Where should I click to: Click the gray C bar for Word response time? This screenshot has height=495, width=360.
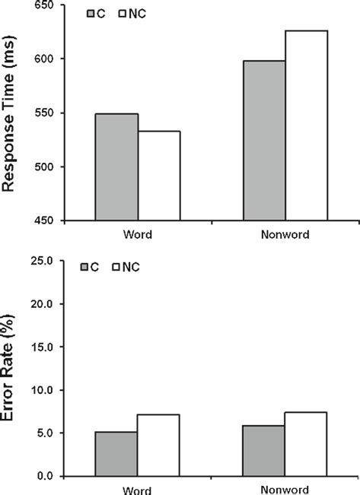pos(116,167)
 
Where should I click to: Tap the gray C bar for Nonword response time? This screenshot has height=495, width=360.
pos(263,141)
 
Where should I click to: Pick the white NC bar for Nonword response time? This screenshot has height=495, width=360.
pos(306,125)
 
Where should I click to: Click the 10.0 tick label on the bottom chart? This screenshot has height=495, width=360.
pos(49,390)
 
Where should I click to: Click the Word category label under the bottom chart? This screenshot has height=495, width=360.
pos(137,490)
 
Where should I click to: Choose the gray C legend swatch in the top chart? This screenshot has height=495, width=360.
pos(91,14)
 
